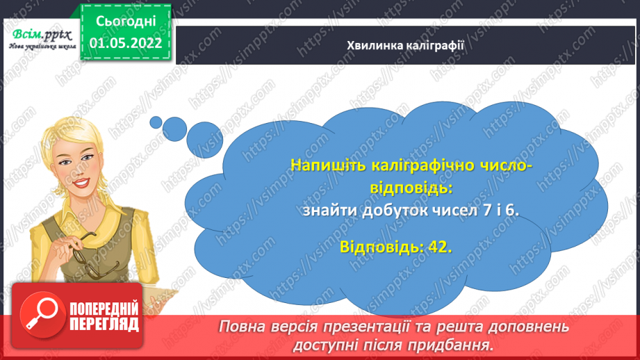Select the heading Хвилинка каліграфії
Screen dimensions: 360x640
coord(405,45)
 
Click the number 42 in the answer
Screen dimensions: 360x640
coord(438,247)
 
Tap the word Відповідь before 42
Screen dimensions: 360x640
coord(380,247)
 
